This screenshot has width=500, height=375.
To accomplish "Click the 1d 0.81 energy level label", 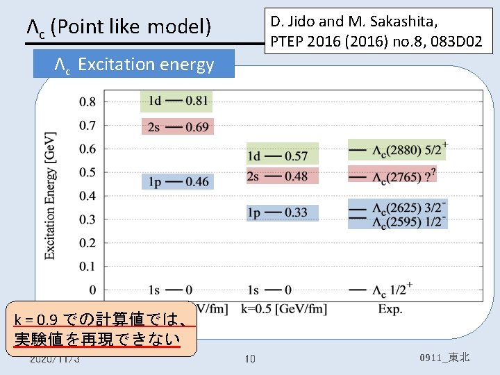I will (177, 101).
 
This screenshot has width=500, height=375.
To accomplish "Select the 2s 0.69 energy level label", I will (177, 126).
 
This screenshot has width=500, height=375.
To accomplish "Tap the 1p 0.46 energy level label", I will (177, 182).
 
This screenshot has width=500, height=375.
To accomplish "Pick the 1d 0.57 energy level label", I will (282, 156).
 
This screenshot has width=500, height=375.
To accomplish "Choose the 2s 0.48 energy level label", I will (282, 176).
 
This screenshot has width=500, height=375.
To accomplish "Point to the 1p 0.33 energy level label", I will (282, 212).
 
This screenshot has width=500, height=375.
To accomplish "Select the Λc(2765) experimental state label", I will (403, 176).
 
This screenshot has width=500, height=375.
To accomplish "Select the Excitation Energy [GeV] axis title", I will (51, 195).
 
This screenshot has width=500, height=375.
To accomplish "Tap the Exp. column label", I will (390, 308).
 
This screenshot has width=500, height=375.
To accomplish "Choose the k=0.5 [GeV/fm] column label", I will (283, 308).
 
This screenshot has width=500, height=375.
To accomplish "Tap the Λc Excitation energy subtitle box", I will (135, 65).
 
